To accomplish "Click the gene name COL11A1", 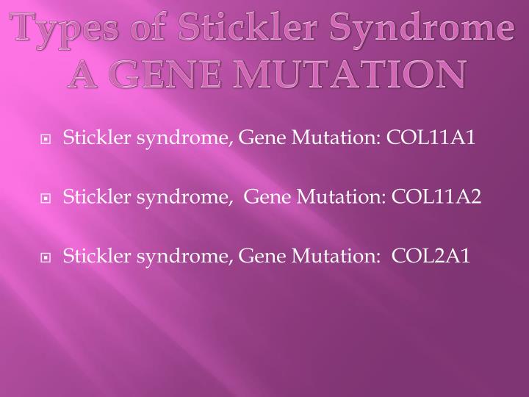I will coord(433,137).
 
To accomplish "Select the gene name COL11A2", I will coord(437,196).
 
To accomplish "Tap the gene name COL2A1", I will coord(431,255).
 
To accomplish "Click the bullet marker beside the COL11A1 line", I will coord(46,138).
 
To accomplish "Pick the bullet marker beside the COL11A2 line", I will coord(46,198).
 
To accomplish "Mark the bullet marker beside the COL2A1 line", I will coord(46,257).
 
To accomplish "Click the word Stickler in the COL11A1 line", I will coord(90,137).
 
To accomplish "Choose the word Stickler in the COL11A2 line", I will coord(90,196).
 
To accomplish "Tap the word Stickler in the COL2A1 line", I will coord(90,255).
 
